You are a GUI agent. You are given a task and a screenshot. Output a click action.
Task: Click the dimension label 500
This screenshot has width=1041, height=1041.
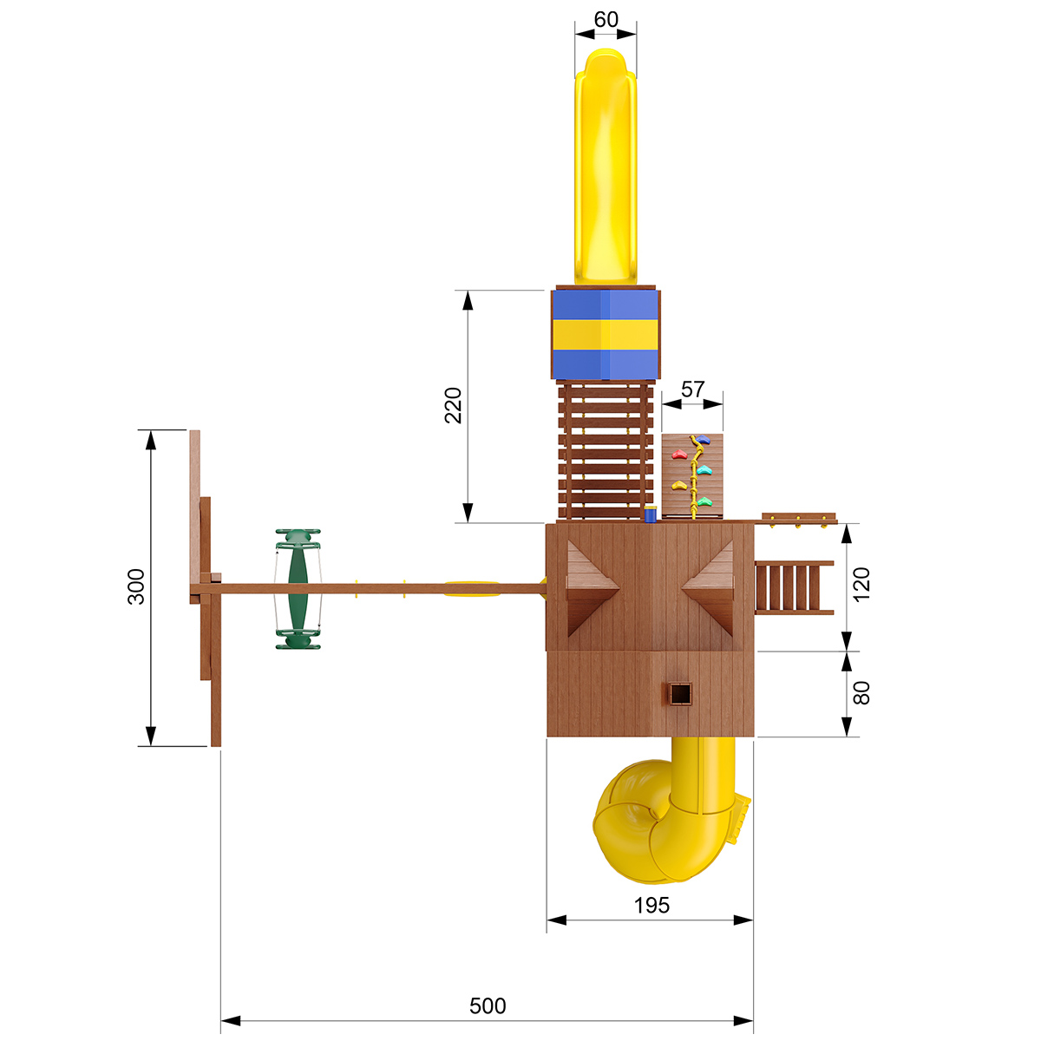tap(488, 1006)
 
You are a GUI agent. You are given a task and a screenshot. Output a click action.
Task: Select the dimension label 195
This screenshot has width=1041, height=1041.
tap(651, 906)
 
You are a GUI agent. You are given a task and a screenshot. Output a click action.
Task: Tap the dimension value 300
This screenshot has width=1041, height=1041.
tap(136, 586)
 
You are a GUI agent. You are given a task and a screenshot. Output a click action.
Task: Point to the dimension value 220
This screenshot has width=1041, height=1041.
tap(453, 405)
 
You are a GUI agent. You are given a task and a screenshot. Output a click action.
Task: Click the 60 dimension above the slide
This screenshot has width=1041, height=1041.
tap(606, 19)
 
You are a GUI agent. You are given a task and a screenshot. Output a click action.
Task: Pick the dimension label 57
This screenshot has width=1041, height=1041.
tap(692, 389)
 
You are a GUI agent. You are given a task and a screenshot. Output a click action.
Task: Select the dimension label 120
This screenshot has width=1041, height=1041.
tap(861, 584)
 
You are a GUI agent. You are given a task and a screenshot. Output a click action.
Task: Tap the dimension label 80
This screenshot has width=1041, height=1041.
tap(861, 693)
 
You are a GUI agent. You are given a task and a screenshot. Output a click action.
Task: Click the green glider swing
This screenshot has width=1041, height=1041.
tap(298, 589)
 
